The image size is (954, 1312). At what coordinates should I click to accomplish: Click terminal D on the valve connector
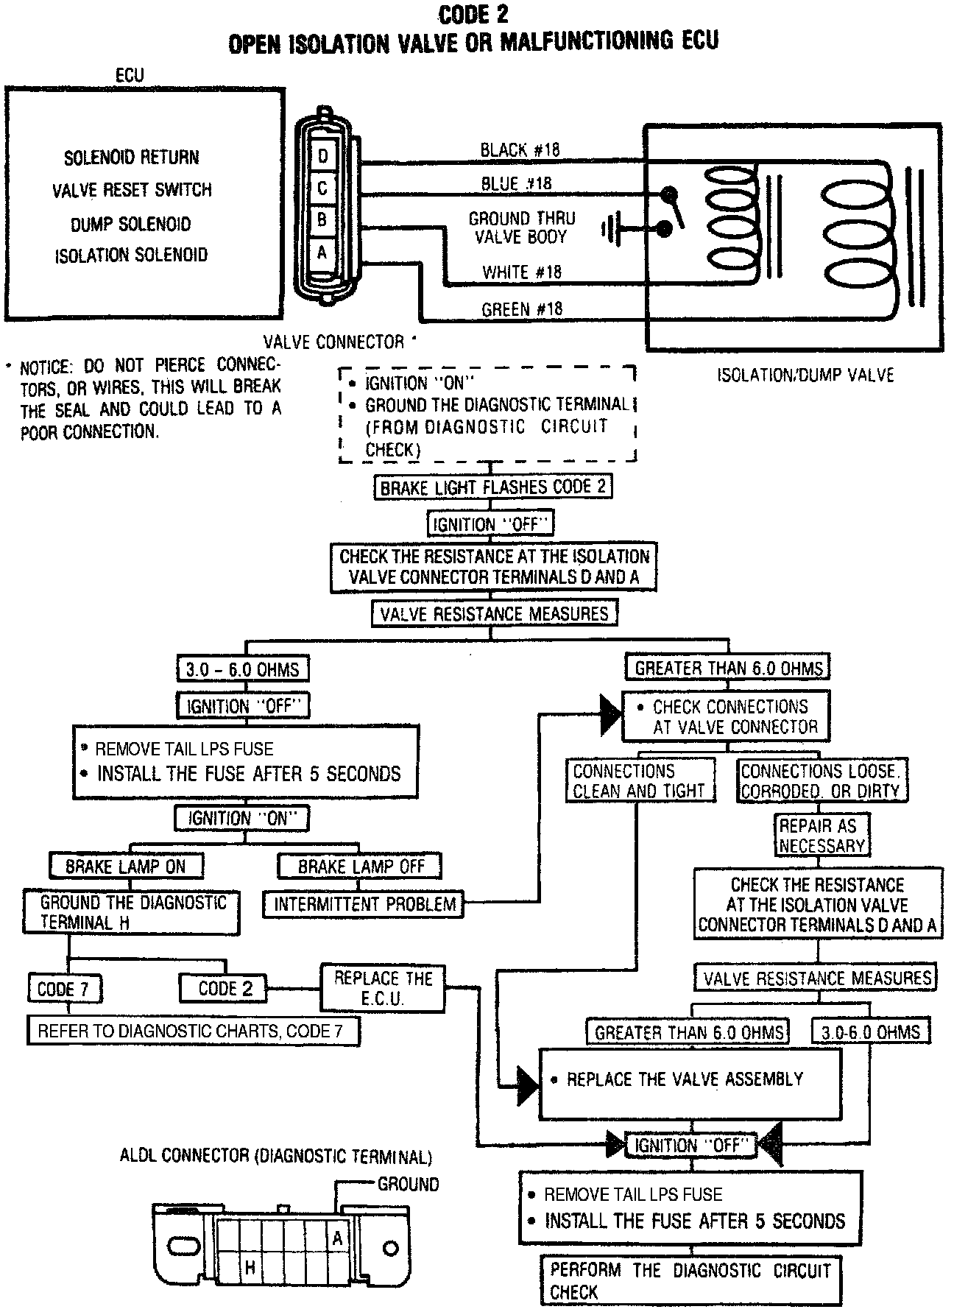coord(322,156)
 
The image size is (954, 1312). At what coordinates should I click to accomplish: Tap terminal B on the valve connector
coord(322,220)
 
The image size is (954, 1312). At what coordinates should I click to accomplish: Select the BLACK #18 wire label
coord(520,150)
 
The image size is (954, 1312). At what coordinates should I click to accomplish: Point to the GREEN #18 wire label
coord(522,309)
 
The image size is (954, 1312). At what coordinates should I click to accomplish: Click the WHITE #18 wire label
coord(521,272)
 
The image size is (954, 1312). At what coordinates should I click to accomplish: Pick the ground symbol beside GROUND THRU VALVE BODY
coord(610,230)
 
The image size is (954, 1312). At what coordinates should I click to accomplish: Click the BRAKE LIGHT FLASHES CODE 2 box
coord(492,487)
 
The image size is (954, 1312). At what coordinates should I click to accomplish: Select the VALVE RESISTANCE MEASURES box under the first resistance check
coord(494,614)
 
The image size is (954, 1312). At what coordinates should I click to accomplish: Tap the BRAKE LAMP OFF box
coord(361,867)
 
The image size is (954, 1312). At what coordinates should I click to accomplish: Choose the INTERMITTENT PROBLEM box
coord(364,904)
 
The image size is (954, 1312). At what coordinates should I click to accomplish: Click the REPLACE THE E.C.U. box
coord(383,988)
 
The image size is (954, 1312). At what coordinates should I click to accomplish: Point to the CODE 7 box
coord(64,990)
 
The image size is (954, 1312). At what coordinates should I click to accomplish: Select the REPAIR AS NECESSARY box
coord(821,836)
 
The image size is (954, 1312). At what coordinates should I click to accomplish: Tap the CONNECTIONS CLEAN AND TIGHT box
coord(639,781)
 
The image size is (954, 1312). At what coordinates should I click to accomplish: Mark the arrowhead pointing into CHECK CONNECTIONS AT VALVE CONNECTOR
coord(611,714)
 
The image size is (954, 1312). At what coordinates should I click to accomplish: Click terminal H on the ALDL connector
coord(250,1266)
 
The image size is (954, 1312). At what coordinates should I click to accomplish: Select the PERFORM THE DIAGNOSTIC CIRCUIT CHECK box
coord(690,1281)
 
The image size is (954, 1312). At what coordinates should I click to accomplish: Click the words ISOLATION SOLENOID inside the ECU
coord(131,255)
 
